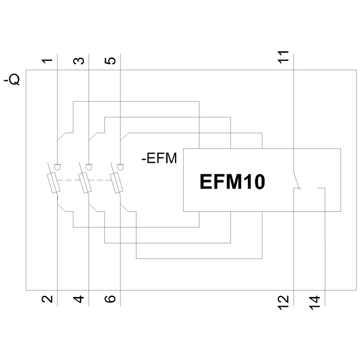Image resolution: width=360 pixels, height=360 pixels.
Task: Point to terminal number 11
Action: tap(284, 57)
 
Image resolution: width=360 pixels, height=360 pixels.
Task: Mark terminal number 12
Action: tap(284, 301)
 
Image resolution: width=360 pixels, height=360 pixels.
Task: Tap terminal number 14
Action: tap(315, 301)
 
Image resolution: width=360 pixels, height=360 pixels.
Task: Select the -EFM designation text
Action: tap(159, 158)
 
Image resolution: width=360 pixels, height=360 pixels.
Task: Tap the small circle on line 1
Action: tap(57, 167)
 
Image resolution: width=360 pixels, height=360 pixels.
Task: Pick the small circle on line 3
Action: tap(89, 167)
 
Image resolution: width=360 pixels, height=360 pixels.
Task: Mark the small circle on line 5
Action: tap(120, 167)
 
